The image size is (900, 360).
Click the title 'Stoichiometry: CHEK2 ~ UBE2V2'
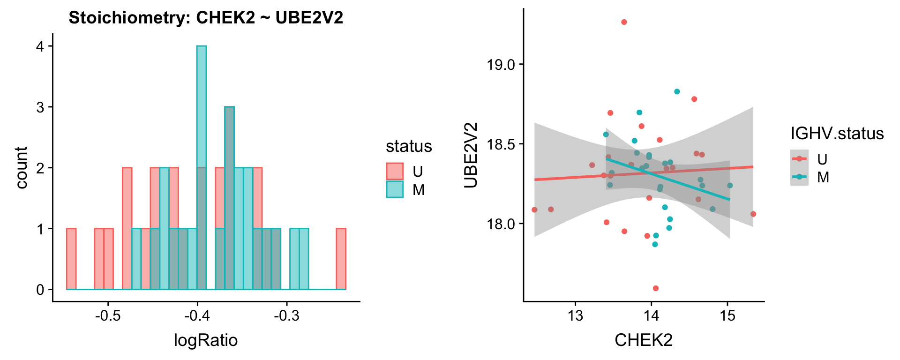pos(206,18)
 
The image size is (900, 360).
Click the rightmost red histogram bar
pos(341,259)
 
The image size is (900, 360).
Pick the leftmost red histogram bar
pos(71,259)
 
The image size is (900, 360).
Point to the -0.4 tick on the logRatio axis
pos(197,315)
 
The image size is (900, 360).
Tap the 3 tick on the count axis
pos(40,107)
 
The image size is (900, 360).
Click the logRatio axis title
pos(206,340)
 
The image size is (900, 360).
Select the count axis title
pos(22,168)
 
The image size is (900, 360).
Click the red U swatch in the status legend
pos(395,172)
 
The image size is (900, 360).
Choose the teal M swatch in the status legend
pos(395,189)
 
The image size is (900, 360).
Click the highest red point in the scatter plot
pos(624,22)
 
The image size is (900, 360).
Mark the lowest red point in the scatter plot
pos(656,288)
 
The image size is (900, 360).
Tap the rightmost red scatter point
pos(753,214)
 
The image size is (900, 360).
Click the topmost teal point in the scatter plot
pos(677,91)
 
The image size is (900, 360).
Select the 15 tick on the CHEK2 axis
pos(727,315)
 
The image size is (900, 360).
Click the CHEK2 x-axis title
pos(644,340)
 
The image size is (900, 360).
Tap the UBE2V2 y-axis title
pos(471,155)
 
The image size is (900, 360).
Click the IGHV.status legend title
pos(837,134)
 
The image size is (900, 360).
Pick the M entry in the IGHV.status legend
pos(823,177)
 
